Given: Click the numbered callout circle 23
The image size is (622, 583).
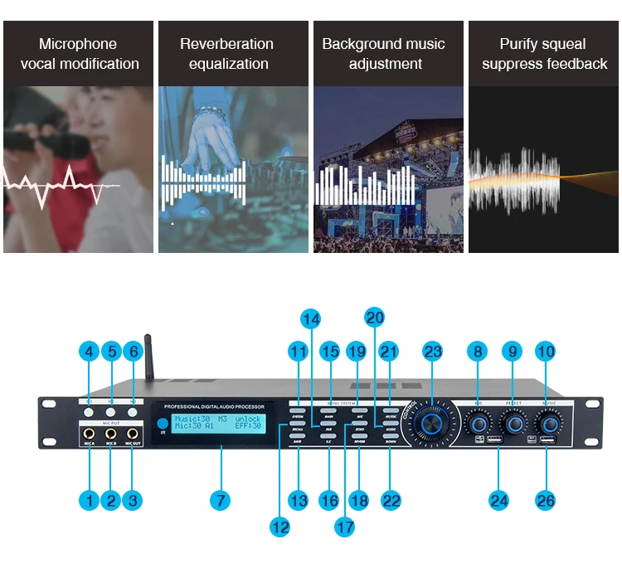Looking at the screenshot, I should tap(432, 352).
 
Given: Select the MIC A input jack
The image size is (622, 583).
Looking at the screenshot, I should tap(88, 434).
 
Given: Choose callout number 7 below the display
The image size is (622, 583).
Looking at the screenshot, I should tap(220, 500).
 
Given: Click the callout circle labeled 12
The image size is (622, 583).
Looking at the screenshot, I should tap(280, 525).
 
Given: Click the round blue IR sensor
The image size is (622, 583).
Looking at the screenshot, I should tap(161, 424).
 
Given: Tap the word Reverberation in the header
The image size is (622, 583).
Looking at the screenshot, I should tap(226, 44).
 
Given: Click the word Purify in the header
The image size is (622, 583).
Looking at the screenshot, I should tap(519, 44).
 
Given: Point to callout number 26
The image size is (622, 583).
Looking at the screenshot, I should tap(545, 500).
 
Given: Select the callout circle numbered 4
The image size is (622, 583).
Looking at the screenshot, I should tap(89, 352).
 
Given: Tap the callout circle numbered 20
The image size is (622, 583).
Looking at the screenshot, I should tap(375, 318).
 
